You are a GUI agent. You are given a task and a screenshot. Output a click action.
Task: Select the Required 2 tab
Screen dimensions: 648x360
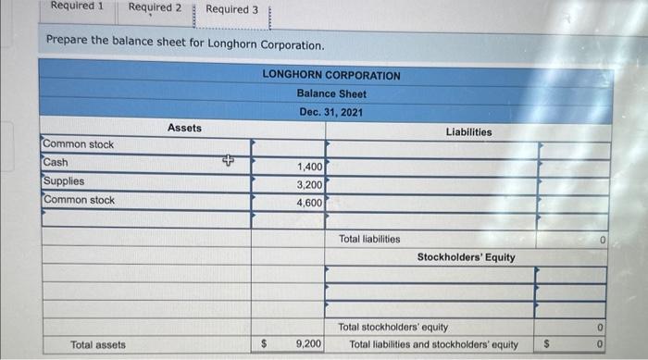click(x=154, y=8)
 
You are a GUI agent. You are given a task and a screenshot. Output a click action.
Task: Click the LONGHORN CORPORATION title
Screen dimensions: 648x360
click(x=330, y=75)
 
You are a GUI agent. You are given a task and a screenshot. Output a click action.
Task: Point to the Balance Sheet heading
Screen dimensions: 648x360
click(x=330, y=93)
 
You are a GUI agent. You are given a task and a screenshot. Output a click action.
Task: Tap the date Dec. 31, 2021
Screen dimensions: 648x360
click(x=330, y=112)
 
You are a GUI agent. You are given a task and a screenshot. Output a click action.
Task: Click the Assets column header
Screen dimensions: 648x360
click(x=184, y=128)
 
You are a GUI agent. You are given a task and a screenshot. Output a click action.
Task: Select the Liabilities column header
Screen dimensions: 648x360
click(x=468, y=131)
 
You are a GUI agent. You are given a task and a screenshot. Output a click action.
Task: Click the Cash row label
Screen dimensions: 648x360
click(x=56, y=163)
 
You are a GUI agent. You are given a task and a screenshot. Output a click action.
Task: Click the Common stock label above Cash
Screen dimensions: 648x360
click(x=79, y=145)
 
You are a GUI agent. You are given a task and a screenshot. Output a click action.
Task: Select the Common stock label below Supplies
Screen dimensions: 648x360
click(x=79, y=200)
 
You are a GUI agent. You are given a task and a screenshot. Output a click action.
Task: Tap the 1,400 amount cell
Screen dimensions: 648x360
click(x=309, y=167)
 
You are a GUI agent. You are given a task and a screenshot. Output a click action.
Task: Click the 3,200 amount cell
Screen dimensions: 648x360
click(x=309, y=184)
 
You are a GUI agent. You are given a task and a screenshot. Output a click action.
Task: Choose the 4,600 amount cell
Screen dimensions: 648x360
click(x=309, y=202)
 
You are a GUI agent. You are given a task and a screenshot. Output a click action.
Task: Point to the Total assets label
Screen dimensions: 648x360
click(x=98, y=344)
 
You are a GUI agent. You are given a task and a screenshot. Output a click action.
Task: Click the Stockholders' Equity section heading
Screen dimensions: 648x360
click(x=466, y=256)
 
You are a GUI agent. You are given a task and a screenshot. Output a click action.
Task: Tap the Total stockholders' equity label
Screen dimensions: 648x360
click(x=393, y=327)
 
